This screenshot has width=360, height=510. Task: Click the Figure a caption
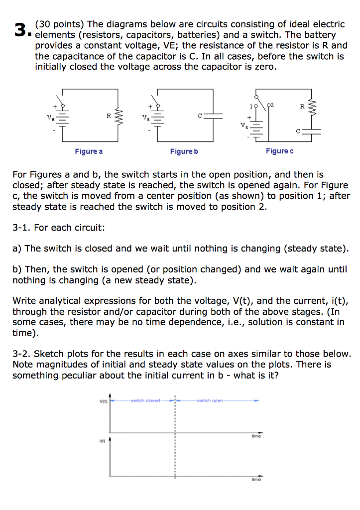(89, 151)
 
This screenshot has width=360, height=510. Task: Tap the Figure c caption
(279, 151)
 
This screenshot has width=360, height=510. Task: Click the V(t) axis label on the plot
(103, 400)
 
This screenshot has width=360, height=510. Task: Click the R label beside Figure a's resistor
(108, 116)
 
